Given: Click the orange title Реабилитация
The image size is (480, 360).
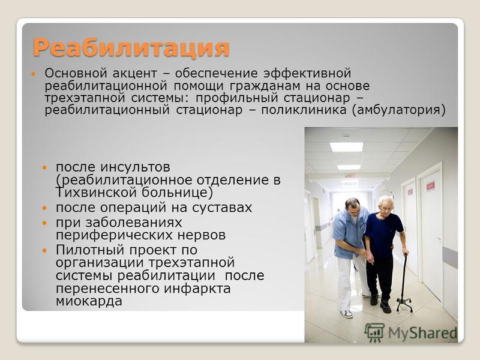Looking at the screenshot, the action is pos(131,48).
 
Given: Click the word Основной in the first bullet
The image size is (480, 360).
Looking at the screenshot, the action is pos(76,73).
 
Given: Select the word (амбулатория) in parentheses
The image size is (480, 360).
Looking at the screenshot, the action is pos(399,110).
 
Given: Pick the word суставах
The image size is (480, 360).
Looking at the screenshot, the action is pos(222,208).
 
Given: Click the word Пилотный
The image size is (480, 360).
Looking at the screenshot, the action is pos(91,250).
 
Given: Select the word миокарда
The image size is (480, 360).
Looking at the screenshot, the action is pos(89,301).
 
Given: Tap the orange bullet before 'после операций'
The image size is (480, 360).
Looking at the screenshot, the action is pos(44,208).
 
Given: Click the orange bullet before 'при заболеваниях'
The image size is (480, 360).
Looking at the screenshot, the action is pos(44,223).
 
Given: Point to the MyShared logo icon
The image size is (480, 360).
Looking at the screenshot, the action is pos(374,332).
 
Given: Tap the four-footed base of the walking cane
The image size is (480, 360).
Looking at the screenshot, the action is pos(404,305).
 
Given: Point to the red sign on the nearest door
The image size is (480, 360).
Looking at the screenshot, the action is pos(430,185).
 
